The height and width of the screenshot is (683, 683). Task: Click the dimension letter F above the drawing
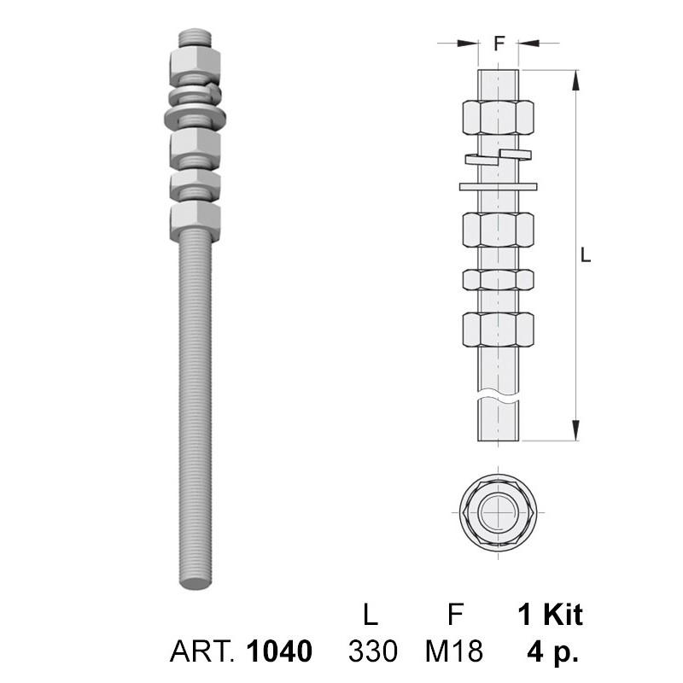click(499, 44)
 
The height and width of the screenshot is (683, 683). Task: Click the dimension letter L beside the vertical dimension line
click(586, 254)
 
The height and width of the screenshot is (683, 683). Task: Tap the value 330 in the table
click(373, 651)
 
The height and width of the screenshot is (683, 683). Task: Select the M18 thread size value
click(454, 651)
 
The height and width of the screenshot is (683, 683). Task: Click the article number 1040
click(279, 651)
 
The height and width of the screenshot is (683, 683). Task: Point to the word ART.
click(203, 651)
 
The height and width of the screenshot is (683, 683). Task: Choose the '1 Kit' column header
click(550, 615)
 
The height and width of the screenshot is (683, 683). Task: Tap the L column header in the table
click(371, 615)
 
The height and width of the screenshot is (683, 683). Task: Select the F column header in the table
click(455, 615)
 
